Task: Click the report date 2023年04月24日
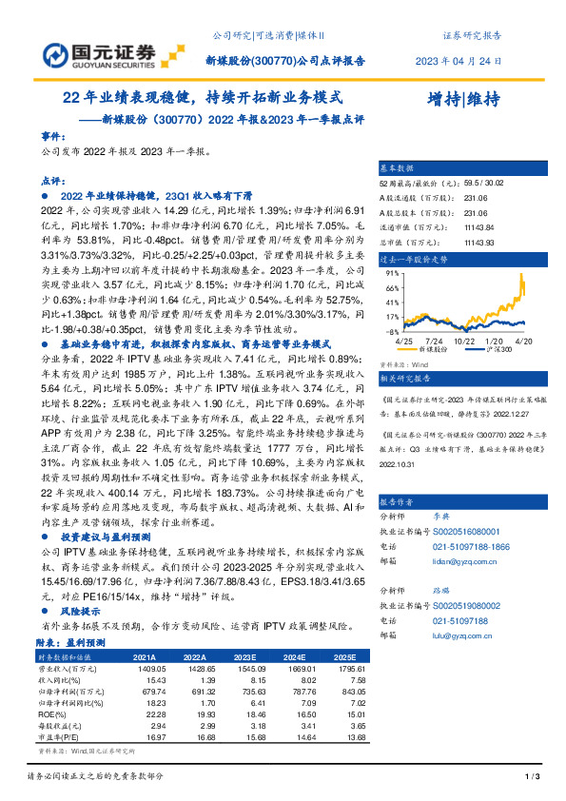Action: point(459,61)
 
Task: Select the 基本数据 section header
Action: point(399,166)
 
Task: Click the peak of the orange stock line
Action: point(521,275)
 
